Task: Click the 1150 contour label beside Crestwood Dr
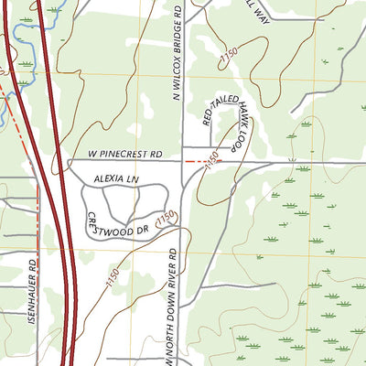pyautogui.click(x=165, y=221)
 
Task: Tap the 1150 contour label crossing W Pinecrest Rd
pyautogui.click(x=213, y=163)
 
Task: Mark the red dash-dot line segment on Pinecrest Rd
pyautogui.click(x=196, y=161)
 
